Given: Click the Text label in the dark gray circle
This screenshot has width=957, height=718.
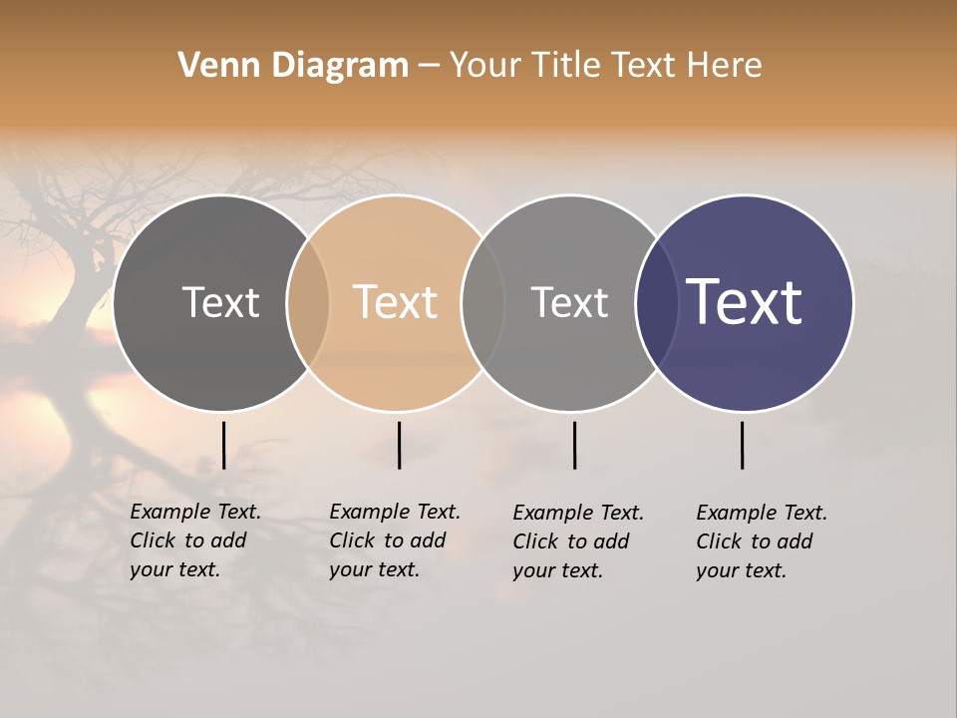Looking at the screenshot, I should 220,302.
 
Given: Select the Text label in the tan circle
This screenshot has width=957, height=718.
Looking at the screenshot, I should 395,302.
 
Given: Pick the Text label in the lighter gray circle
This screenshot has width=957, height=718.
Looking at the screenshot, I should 569,302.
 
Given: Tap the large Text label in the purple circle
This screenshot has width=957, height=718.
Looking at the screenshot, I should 745,302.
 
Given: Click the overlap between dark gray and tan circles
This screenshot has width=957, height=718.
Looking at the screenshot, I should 308,303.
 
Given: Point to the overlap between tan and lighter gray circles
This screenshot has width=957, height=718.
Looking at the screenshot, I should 482,303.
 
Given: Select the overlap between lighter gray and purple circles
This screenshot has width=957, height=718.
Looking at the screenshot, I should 657,303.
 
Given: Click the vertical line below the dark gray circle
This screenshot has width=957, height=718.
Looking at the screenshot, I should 223,445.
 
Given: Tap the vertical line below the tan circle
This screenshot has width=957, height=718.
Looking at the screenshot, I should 399,445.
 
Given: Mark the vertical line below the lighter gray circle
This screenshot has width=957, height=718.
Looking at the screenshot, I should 574,445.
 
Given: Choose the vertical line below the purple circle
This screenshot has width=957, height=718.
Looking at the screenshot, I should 742,445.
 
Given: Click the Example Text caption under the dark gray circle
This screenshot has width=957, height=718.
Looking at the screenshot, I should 195,540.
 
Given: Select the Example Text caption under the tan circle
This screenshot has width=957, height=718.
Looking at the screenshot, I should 395,540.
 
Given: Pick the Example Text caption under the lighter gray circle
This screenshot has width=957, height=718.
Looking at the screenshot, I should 578,541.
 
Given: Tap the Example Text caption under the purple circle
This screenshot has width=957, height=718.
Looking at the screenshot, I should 762,541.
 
